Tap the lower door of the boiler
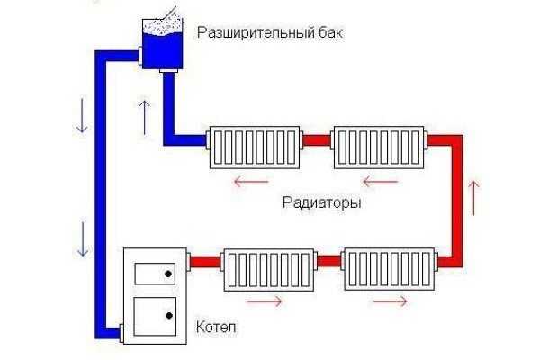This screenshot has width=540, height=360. coord(154,315)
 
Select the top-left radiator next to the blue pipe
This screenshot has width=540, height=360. coord(254,146)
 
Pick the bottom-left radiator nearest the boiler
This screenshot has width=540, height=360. coord(267,268)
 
